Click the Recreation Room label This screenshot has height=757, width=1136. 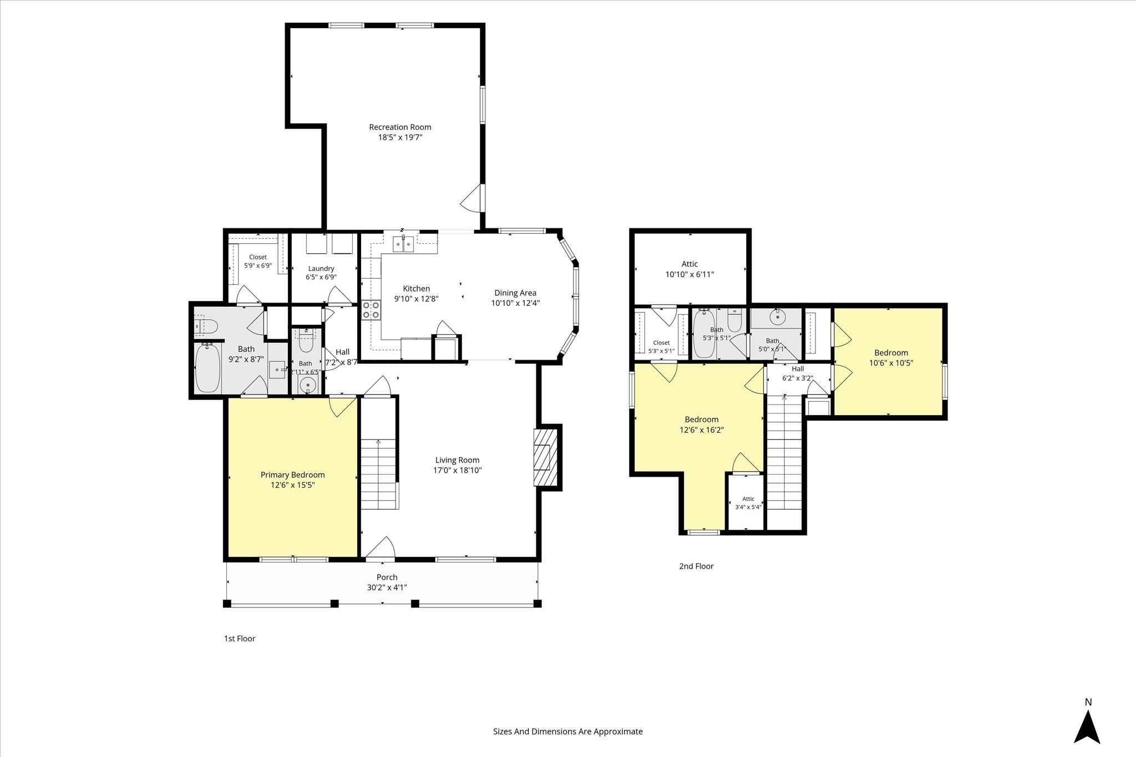click(400, 127)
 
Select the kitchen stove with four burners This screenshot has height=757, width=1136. click(371, 310)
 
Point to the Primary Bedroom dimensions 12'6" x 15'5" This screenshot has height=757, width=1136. click(293, 485)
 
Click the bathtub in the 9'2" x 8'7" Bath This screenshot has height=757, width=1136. click(208, 368)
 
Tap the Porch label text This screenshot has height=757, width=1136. click(387, 577)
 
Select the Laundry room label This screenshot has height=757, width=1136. click(321, 269)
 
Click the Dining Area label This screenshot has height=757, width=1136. click(515, 293)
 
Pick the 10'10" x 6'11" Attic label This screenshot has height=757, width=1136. click(689, 269)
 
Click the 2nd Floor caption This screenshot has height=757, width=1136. click(696, 566)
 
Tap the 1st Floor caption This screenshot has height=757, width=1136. click(240, 638)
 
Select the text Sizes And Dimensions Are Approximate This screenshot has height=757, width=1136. click(568, 732)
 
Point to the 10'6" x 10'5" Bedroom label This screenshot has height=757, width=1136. click(891, 358)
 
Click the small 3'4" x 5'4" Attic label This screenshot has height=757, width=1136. click(748, 503)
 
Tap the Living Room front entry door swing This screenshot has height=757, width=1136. click(381, 546)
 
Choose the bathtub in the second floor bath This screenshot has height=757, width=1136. click(704, 334)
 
